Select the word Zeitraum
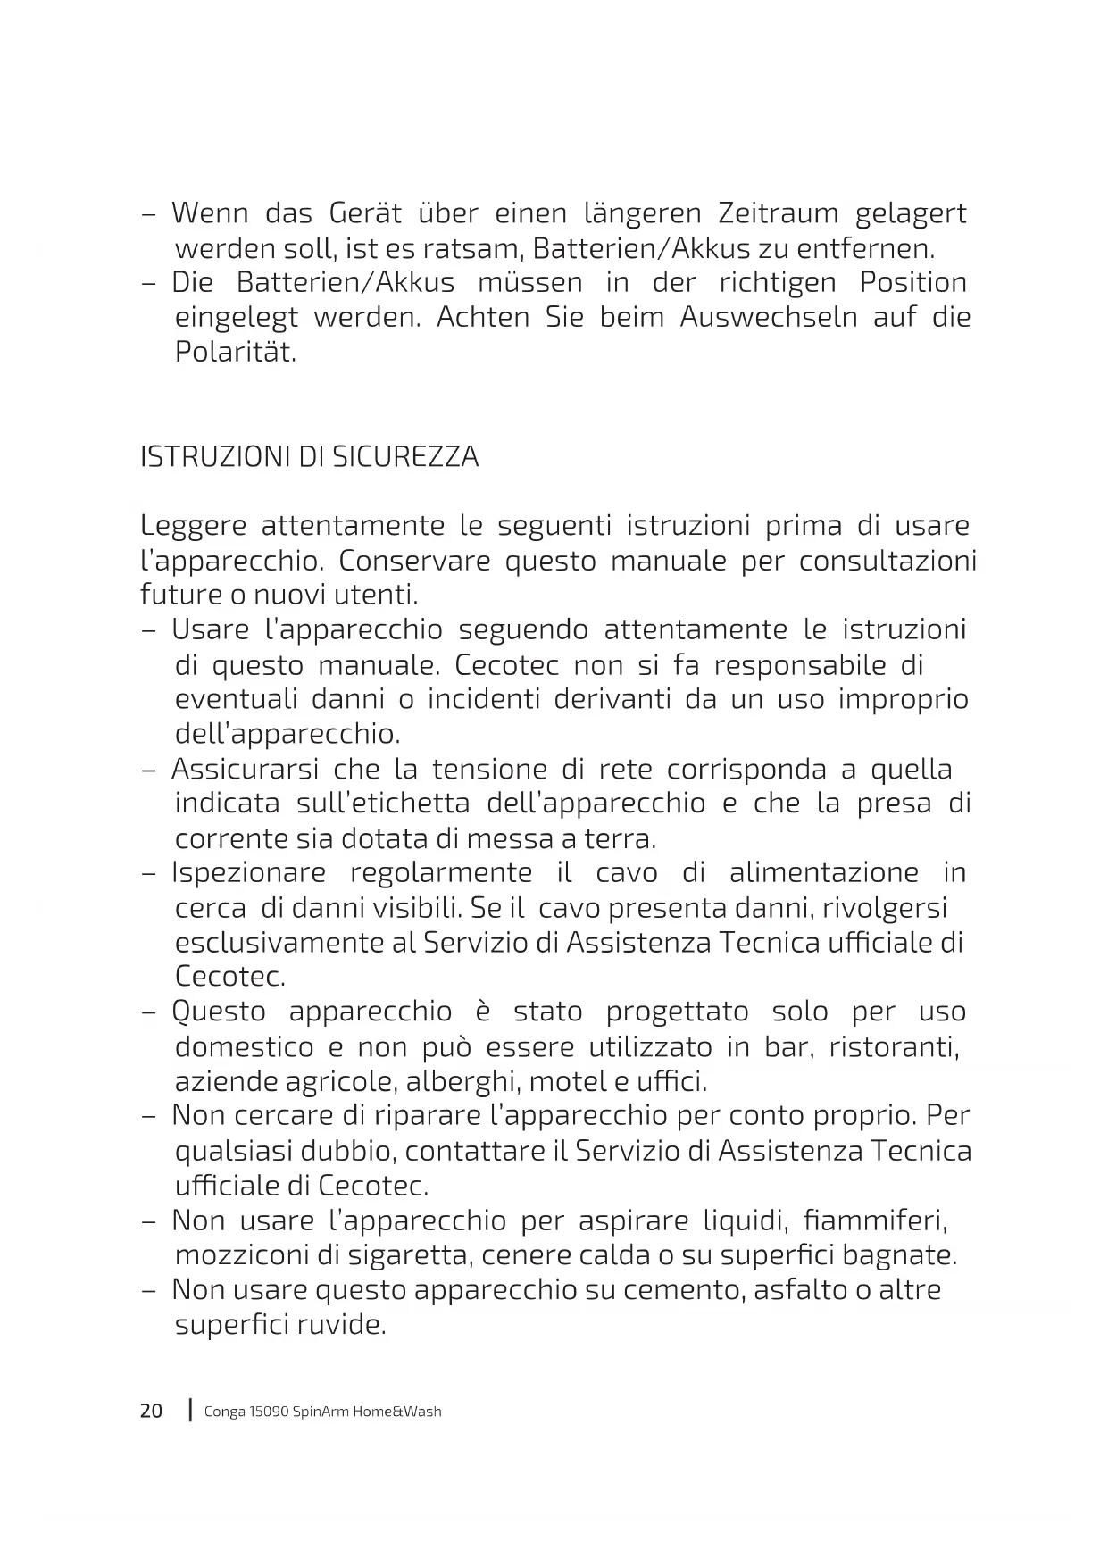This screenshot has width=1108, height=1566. [x=779, y=213]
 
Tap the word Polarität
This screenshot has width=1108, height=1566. [x=235, y=352]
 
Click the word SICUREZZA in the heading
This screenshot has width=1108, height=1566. [x=405, y=457]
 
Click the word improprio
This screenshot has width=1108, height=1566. [x=903, y=699]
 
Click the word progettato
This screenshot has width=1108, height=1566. [x=677, y=1012]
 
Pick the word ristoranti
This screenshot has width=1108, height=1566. [x=894, y=1046]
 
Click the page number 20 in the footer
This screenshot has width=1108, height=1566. [x=152, y=1412]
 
